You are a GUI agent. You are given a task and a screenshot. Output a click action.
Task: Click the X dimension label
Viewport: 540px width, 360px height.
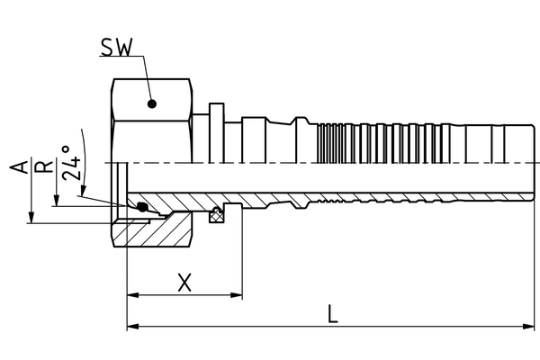point(184,283)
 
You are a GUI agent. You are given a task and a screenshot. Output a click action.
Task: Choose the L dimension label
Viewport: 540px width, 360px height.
point(332,314)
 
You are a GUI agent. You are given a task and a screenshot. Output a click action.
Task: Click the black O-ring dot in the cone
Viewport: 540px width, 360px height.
point(142,208)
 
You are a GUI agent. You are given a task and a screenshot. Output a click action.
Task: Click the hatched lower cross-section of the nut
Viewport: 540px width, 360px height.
point(162,229)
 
